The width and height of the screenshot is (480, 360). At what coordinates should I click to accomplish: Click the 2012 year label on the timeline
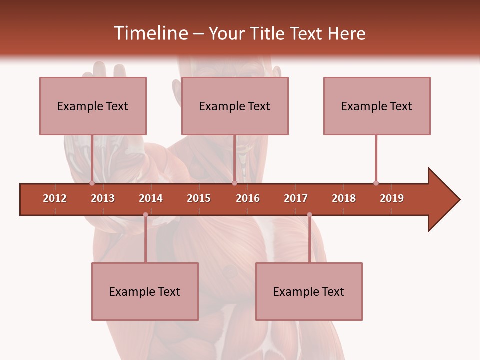point(55,198)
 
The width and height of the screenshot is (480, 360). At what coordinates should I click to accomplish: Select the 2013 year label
point(103,198)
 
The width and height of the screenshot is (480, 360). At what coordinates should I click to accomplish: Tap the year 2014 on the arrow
point(151,198)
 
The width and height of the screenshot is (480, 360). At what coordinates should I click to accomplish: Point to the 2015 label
point(199,198)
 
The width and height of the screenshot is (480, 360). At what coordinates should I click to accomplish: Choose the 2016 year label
point(248,198)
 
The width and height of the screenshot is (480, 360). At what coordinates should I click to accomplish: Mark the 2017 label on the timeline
point(296,198)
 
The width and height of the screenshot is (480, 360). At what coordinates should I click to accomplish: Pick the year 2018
point(344,198)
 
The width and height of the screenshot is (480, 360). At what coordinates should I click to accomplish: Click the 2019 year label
point(392,198)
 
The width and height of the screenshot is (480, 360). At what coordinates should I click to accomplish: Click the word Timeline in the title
point(150,33)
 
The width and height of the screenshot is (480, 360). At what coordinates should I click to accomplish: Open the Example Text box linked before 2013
point(93,106)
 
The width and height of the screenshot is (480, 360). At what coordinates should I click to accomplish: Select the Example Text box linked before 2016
point(235,106)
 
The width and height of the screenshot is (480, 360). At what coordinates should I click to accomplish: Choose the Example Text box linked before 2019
point(377,106)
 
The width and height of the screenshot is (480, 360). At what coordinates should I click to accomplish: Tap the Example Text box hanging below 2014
point(145,291)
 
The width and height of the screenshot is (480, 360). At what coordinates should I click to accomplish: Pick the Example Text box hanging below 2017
point(309,291)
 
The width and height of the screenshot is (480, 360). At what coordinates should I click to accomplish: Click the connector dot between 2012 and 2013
point(92,183)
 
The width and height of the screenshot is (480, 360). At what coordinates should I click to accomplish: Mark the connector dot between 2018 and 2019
point(376,183)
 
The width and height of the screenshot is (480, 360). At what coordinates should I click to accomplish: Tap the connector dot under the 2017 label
point(309,214)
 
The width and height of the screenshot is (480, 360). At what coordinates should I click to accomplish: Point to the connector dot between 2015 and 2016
point(234,183)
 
